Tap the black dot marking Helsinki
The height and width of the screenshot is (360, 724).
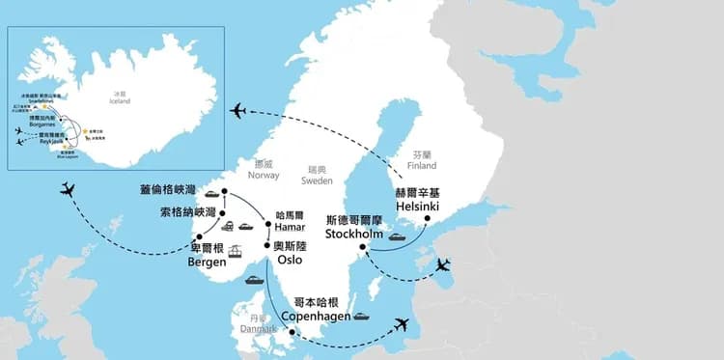[x=426, y=219]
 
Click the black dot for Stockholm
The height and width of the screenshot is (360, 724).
[x=363, y=248]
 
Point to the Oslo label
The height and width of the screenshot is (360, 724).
[x=289, y=259]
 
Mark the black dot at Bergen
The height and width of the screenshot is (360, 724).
[x=199, y=236]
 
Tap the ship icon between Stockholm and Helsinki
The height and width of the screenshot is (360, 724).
[x=396, y=235]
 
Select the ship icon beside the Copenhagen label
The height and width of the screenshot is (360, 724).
[x=362, y=316]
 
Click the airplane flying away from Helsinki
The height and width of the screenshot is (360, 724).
[x=239, y=110]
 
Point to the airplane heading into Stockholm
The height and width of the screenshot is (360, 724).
[x=442, y=264]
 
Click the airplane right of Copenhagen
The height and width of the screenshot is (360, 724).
[x=402, y=324]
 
